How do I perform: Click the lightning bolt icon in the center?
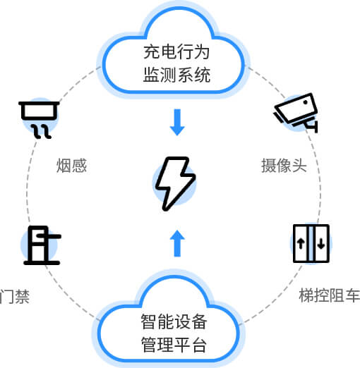175,183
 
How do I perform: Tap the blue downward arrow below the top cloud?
177,122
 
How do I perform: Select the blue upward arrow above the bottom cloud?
177,243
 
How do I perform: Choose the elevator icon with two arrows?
311,243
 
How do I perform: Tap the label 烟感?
71,166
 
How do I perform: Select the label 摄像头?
284,166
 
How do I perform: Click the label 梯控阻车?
330,295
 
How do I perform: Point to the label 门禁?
15,297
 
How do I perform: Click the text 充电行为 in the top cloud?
176,52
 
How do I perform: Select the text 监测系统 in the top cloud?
176,75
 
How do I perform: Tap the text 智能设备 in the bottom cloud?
174,321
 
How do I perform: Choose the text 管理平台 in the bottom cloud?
174,345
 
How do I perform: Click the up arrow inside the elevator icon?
301,243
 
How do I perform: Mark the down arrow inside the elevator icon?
321,243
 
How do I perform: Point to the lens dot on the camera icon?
306,102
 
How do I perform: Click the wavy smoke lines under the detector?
42,132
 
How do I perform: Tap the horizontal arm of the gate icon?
49,236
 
